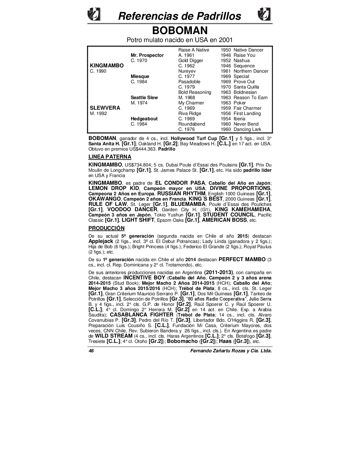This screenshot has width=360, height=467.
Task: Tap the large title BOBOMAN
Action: [180, 31]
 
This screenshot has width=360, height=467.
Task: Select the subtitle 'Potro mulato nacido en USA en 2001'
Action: [180, 40]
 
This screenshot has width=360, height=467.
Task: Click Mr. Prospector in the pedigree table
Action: [147, 55]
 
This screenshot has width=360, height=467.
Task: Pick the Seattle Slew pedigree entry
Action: [144, 98]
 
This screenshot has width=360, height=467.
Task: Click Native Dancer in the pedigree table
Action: [248, 50]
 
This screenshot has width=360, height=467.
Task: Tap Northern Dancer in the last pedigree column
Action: [251, 71]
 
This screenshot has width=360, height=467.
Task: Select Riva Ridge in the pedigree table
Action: [190, 114]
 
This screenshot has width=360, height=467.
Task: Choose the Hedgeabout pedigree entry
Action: [144, 119]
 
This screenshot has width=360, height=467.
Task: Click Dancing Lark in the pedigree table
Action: [247, 129]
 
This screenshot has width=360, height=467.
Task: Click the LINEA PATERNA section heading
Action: [110, 157]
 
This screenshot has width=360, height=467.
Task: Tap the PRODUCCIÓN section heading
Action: [106, 228]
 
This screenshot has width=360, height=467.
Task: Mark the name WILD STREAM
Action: [113, 336]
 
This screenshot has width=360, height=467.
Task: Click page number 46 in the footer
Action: [91, 351]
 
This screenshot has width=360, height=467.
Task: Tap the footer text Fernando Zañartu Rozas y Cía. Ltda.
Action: [231, 351]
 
